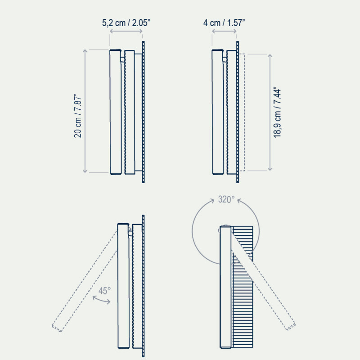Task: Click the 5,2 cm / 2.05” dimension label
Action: pos(126,23)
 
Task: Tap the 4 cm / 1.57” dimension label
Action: pos(224,23)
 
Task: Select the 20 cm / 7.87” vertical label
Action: pos(78,116)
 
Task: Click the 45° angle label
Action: pos(104,291)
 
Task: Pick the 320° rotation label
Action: pos(226,199)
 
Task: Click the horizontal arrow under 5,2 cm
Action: pos(126,31)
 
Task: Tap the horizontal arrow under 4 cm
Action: pos(224,31)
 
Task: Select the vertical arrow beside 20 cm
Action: pos(85,111)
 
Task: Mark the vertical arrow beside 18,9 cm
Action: pos(270,112)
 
